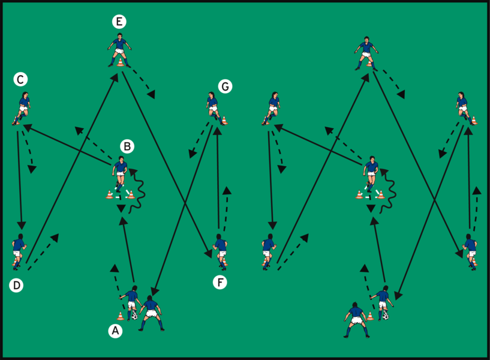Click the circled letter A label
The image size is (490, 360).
click(116, 330)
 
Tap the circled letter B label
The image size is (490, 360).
click(127, 146)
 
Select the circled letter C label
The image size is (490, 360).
click(20, 79)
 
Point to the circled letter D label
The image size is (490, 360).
click(16, 286)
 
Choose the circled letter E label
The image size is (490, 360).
click(119, 22)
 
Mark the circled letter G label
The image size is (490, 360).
click(225, 86)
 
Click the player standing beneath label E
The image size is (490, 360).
click(119, 50)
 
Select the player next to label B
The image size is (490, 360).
click(121, 171)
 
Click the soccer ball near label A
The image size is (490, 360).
click(134, 316)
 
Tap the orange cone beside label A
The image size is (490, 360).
click(121, 315)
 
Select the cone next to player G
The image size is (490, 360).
click(224, 121)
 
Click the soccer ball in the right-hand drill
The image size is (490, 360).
click(385, 316)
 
